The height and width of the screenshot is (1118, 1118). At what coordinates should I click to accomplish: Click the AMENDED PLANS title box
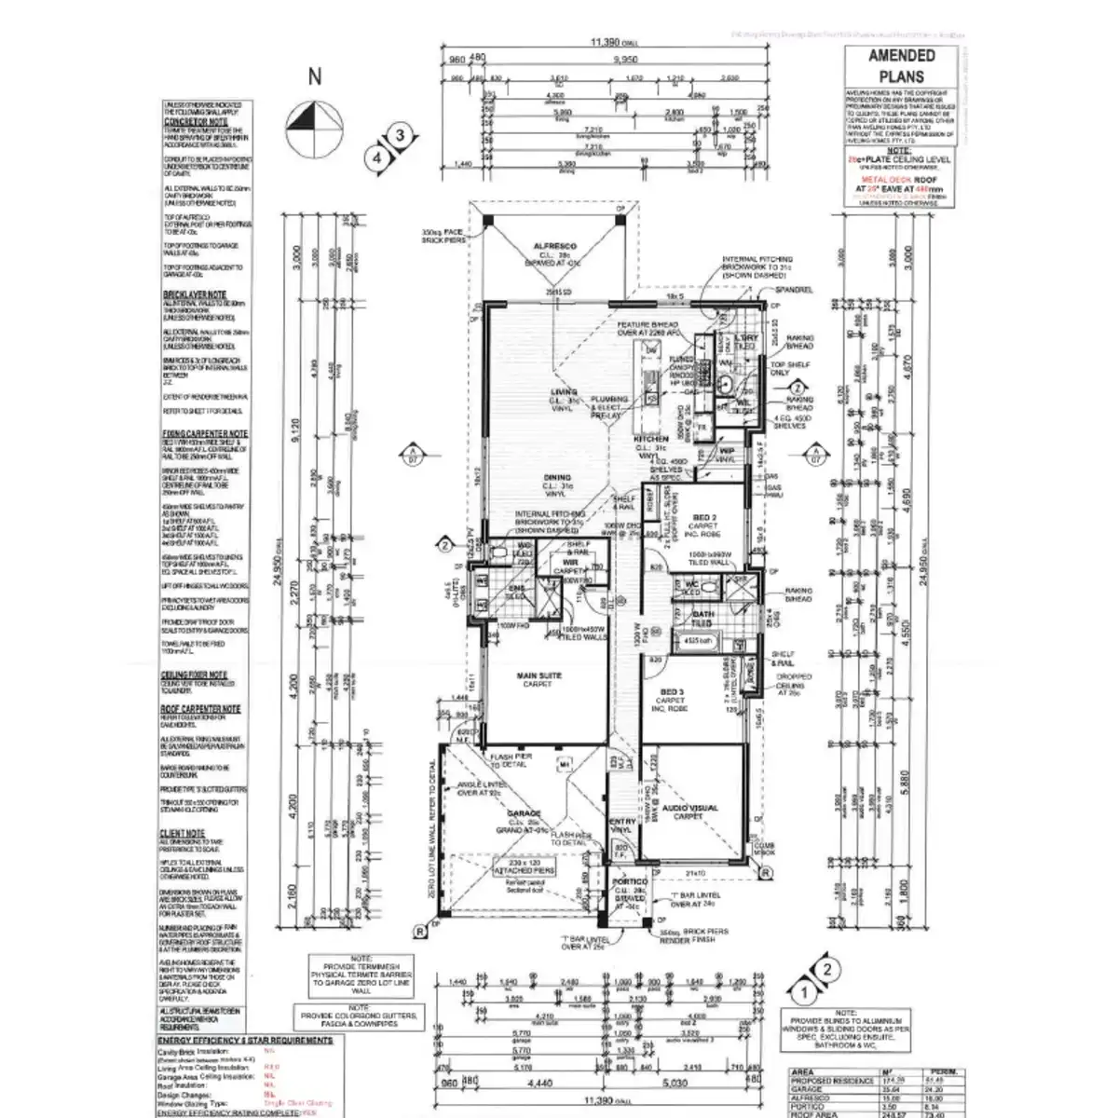coord(901,66)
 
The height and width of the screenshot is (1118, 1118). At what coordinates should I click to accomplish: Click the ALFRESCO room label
coord(555,246)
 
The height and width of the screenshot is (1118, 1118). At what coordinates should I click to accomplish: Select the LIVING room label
coord(564,392)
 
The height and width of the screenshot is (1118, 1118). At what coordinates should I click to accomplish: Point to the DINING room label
coord(557,479)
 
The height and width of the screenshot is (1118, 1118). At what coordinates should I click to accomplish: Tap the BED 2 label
coord(704,516)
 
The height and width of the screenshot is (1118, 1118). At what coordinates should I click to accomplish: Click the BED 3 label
coord(671,692)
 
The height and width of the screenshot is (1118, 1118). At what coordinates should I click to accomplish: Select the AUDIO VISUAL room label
coord(690,808)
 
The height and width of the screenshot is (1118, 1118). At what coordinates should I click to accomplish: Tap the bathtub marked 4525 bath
coord(695,641)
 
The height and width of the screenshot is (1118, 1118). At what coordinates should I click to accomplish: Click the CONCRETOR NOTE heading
coord(196,122)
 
